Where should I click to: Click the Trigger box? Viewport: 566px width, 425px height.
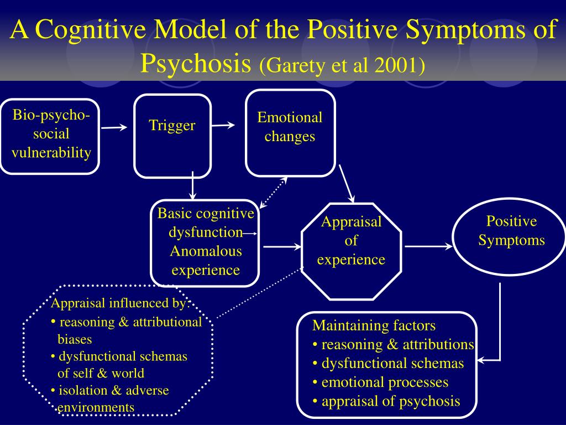click(x=172, y=136)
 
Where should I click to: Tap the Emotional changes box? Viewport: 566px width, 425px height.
click(x=290, y=133)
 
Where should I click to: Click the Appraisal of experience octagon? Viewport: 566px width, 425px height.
click(x=351, y=252)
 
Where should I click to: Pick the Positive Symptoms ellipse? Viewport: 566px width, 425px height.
click(x=511, y=237)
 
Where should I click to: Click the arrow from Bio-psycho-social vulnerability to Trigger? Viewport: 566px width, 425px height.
click(x=114, y=127)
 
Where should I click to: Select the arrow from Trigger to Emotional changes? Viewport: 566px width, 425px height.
click(x=223, y=125)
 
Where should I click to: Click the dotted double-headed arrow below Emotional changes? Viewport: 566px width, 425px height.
click(x=274, y=193)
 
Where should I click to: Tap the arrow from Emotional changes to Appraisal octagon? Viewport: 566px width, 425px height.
click(x=347, y=183)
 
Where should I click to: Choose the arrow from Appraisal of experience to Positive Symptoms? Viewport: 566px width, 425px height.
click(x=428, y=247)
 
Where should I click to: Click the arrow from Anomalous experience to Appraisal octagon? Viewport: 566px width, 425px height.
click(x=281, y=247)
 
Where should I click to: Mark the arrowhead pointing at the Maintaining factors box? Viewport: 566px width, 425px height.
click(x=481, y=361)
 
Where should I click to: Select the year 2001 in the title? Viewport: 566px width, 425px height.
click(x=395, y=66)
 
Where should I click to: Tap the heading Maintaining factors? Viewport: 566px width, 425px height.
click(x=374, y=325)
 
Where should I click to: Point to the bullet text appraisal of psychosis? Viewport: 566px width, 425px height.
click(x=390, y=401)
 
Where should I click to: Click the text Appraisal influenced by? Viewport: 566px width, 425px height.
click(x=117, y=303)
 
